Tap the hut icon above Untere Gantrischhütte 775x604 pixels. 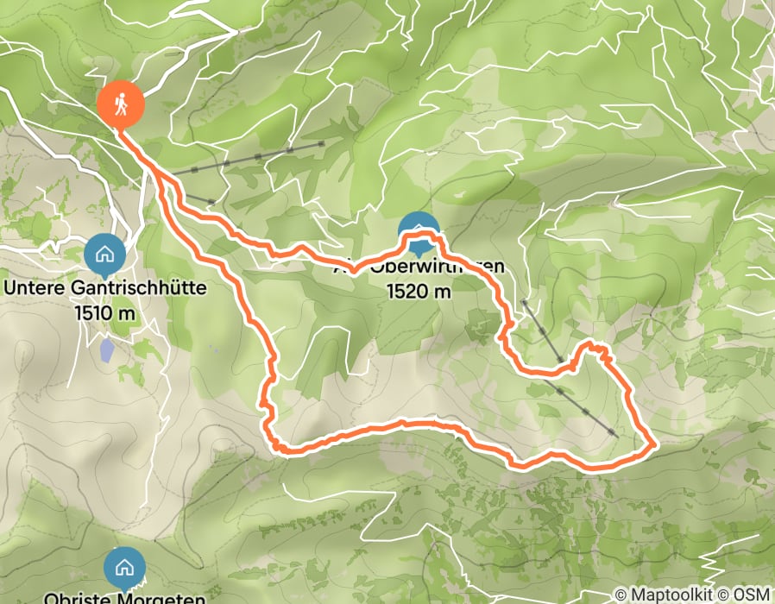tap(104, 255)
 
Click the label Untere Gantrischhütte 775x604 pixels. tap(105, 288)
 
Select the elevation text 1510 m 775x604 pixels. tap(105, 311)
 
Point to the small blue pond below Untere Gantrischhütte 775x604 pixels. tap(105, 349)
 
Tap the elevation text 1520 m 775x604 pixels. tap(419, 292)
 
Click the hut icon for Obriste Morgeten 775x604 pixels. tap(124, 567)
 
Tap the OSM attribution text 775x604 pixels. tap(752, 595)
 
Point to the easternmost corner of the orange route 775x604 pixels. tap(654, 445)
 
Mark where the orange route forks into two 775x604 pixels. tap(156, 173)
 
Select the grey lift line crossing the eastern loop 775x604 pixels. tap(570, 371)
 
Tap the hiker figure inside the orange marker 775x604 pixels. tap(120, 103)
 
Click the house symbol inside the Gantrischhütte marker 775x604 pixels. tap(104, 254)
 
